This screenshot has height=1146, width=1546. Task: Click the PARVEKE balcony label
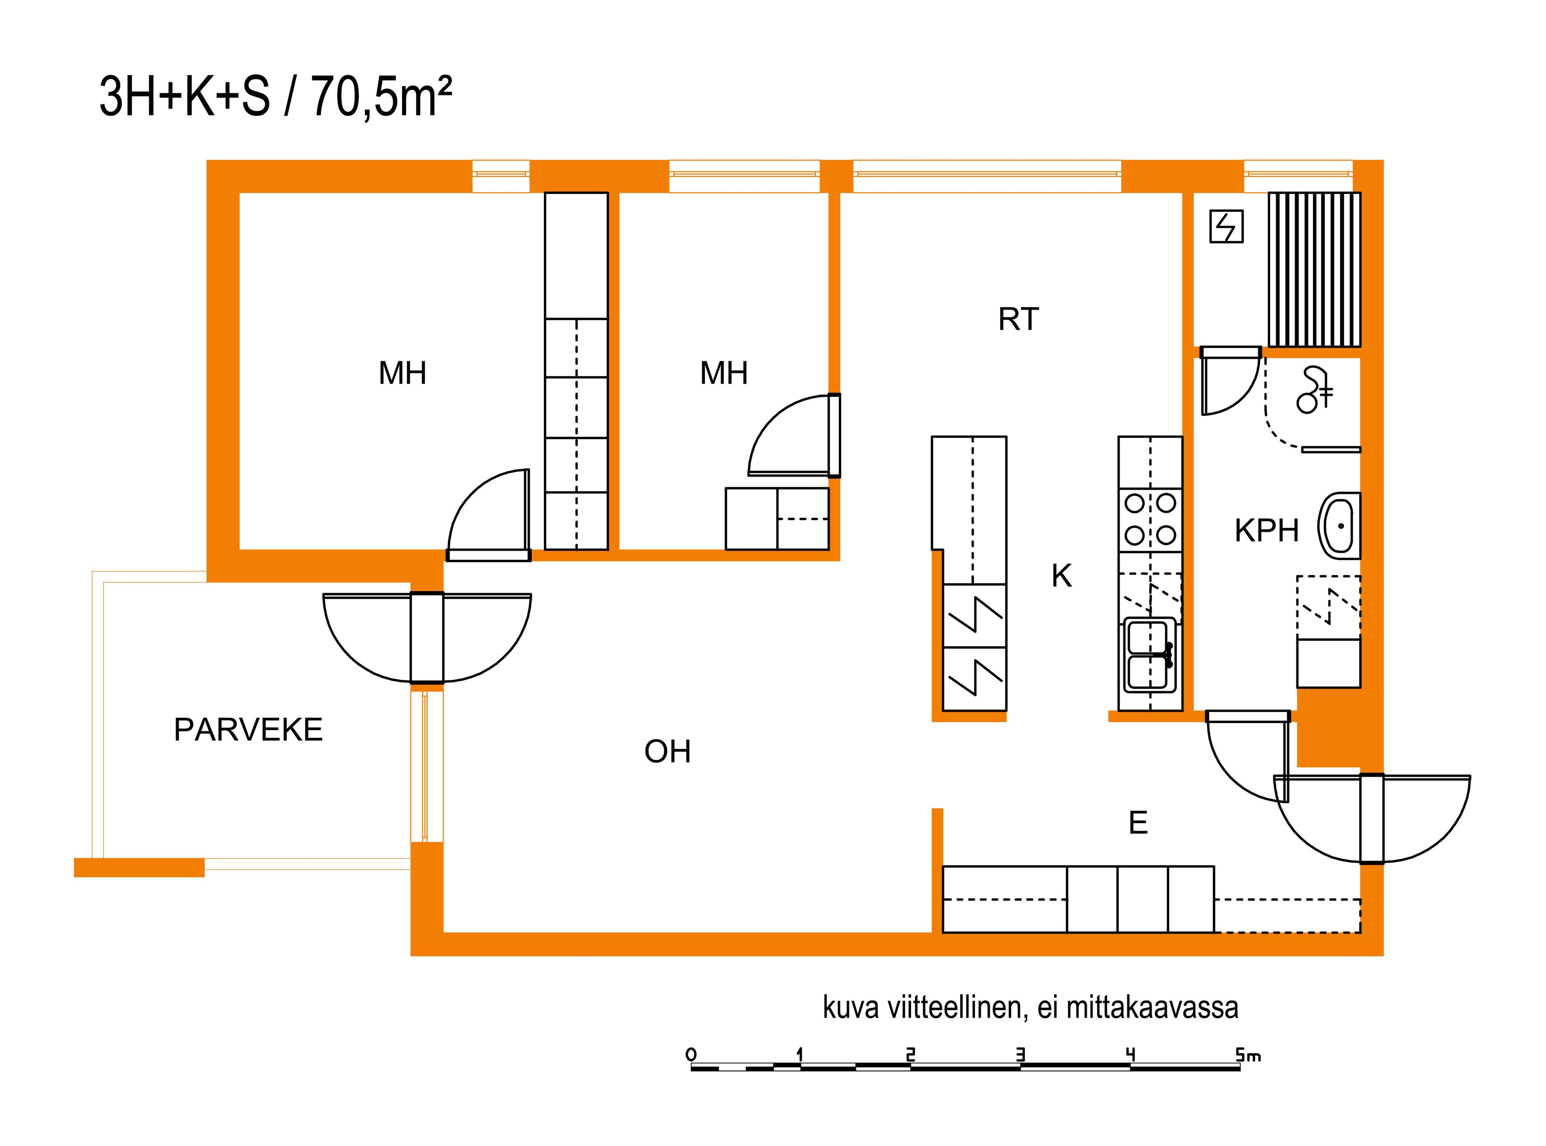(248, 730)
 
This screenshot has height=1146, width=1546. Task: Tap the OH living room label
(668, 751)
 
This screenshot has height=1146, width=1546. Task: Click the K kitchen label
(1062, 576)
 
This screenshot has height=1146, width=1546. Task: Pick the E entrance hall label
(1138, 823)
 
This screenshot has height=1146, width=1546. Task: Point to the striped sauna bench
(1314, 270)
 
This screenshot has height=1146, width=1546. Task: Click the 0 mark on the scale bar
(690, 1055)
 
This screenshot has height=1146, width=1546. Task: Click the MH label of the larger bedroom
(403, 373)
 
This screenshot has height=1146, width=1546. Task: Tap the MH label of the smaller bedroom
(724, 373)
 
